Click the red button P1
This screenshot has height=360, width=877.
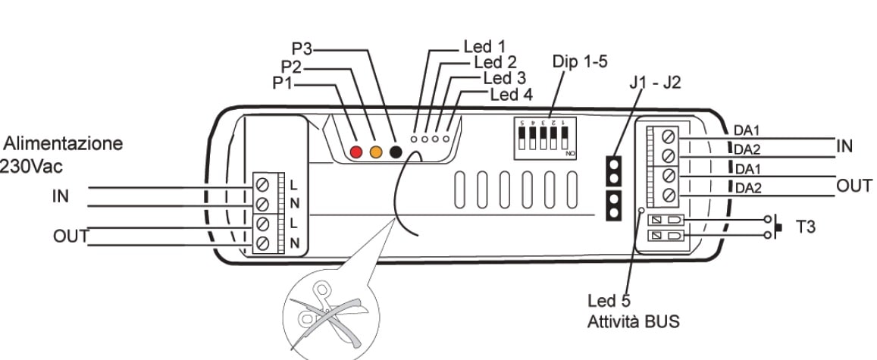click(357, 152)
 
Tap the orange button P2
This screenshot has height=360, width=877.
click(375, 152)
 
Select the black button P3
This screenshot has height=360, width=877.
click(394, 152)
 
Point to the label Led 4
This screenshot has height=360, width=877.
click(511, 95)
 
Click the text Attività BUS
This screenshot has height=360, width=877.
click(634, 321)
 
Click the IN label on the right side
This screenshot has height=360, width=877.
click(845, 146)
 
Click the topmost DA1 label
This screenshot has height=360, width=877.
click(747, 130)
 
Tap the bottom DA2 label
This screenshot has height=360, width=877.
click(747, 187)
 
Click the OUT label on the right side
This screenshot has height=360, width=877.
click(854, 186)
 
